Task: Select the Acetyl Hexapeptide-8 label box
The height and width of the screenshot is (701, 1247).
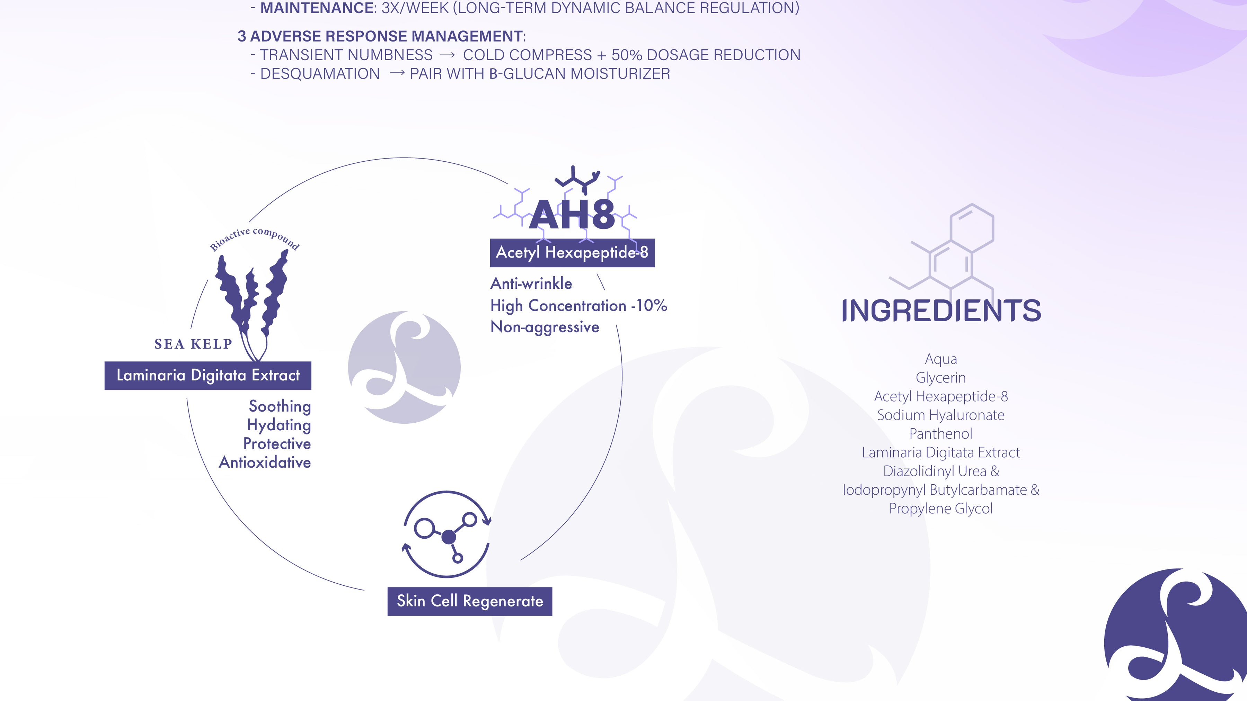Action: pos(572,253)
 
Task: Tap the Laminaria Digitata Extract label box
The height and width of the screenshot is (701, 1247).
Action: pos(208,375)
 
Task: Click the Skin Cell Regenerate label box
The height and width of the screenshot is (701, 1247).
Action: pos(470,601)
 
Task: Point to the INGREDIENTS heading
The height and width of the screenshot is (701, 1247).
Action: pos(941,310)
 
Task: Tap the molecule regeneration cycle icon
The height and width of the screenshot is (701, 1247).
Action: pos(447,534)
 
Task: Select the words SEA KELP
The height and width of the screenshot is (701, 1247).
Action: pos(193,344)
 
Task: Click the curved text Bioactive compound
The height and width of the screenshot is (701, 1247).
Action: pos(255,238)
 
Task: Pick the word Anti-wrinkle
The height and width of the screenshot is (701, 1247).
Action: pos(531,284)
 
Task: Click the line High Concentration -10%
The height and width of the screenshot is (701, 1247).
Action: pos(578,306)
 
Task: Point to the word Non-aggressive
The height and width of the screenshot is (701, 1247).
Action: pos(545,327)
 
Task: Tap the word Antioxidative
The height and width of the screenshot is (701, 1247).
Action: pos(265,462)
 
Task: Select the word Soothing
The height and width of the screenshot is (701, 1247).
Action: pos(280,407)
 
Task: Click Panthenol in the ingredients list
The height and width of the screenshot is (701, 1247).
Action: pos(940,433)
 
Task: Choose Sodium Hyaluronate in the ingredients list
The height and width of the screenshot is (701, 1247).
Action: pos(940,415)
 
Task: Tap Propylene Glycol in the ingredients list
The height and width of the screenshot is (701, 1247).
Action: pos(940,509)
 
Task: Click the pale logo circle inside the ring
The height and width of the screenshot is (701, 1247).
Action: pos(404,368)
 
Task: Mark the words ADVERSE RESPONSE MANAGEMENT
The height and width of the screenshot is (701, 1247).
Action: pos(386,36)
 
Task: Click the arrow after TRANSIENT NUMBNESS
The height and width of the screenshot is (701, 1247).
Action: pos(447,55)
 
